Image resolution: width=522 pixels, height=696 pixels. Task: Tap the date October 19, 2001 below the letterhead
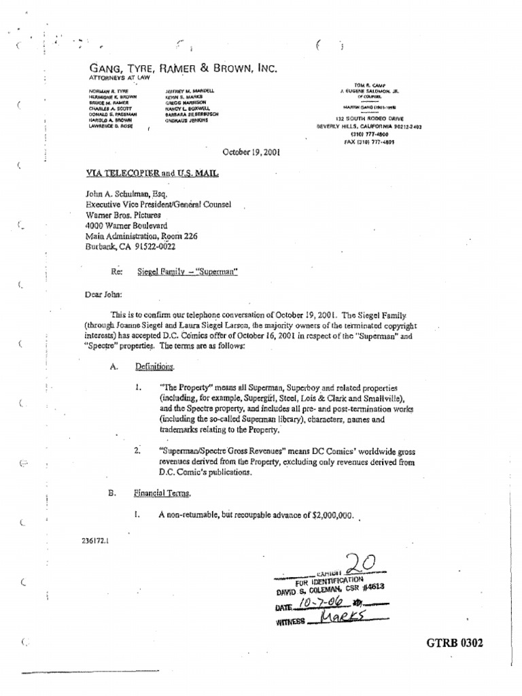coord(251,153)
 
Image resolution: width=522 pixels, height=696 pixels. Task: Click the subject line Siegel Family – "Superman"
coord(192,271)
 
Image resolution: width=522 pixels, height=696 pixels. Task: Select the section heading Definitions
coord(154,367)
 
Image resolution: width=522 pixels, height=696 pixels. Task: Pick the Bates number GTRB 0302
coord(455,643)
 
